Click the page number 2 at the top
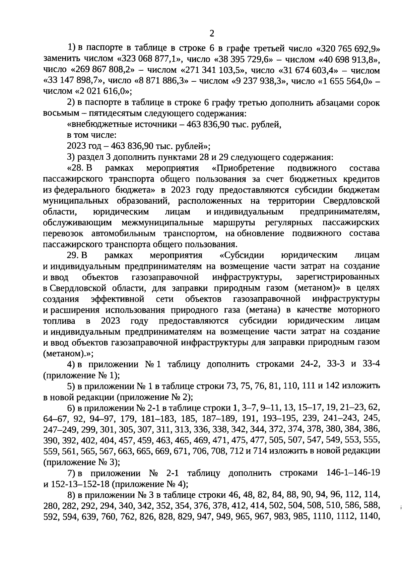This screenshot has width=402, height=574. pos(211,33)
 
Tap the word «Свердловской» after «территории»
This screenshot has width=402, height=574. pos(352,201)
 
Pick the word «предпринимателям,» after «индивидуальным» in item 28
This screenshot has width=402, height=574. pos(340,212)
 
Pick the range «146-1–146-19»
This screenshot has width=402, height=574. pos(353,473)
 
